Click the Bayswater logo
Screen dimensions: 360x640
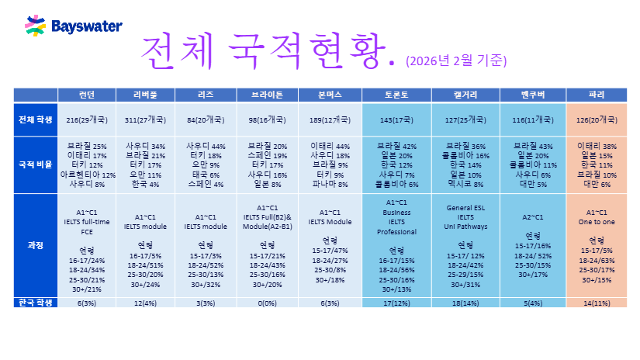point(73,26)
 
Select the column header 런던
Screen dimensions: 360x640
point(87,95)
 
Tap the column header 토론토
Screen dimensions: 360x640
point(396,95)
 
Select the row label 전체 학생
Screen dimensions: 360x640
point(36,119)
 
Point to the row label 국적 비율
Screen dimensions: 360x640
point(36,164)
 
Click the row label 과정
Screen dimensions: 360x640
point(36,245)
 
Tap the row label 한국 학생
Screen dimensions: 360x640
point(36,302)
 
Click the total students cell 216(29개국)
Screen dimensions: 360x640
point(87,120)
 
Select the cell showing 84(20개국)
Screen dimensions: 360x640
point(206,120)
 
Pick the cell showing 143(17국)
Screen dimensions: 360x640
point(396,120)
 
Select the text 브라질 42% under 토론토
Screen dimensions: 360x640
point(396,146)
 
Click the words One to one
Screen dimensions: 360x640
point(597,221)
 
